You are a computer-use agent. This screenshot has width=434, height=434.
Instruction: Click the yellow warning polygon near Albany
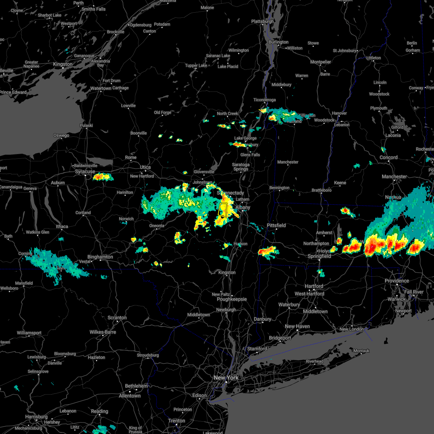pyautogui.click(x=223, y=210)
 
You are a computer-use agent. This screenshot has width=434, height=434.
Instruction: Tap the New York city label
pyautogui.click(x=226, y=378)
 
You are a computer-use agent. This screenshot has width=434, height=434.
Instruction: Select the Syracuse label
pyautogui.click(x=85, y=171)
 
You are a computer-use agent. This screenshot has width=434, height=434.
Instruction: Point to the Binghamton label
pyautogui.click(x=100, y=257)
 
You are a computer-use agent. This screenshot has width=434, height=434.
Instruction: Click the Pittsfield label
pyautogui.click(x=276, y=225)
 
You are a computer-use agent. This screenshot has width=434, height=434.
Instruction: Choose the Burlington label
pyautogui.click(x=278, y=42)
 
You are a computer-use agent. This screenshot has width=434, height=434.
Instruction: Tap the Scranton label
pyautogui.click(x=117, y=318)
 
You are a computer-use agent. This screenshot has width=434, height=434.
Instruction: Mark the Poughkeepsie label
pyautogui.click(x=232, y=299)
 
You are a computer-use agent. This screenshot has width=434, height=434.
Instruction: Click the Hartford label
pyautogui.click(x=314, y=286)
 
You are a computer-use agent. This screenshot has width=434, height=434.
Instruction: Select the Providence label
pyautogui.click(x=397, y=281)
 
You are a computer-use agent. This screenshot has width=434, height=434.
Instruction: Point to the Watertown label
pyautogui.click(x=101, y=88)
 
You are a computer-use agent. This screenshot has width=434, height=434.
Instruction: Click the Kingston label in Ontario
pyautogui.click(x=63, y=64)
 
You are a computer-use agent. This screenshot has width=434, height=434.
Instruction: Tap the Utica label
pyautogui.click(x=145, y=167)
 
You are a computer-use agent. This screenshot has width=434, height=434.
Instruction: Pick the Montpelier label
pyautogui.click(x=321, y=62)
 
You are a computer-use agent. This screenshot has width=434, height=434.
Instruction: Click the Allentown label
pyautogui.click(x=130, y=396)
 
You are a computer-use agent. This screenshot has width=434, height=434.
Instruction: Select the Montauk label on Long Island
pyautogui.click(x=361, y=351)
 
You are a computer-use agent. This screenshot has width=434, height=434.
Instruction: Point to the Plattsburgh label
pyautogui.click(x=263, y=21)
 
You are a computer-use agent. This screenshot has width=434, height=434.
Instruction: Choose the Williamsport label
pyautogui.click(x=29, y=333)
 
